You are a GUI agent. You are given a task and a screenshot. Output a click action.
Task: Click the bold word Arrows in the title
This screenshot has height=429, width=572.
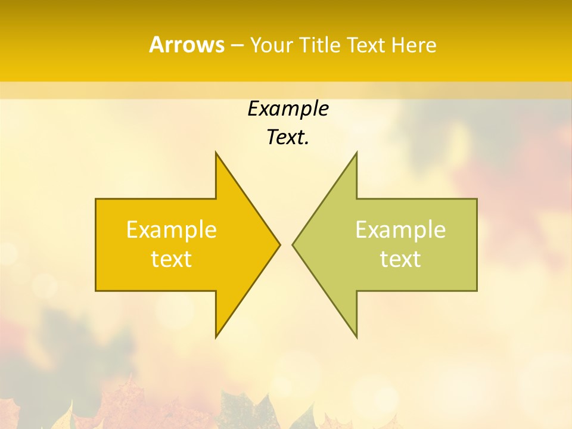(186, 45)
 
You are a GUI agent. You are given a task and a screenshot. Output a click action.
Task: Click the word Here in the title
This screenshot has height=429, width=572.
(414, 45)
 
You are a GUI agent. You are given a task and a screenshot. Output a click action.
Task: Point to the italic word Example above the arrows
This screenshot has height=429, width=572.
(288, 109)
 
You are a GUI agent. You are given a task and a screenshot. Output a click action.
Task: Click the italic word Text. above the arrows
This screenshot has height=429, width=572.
(288, 138)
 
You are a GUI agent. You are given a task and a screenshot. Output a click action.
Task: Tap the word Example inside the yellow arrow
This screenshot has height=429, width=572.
(172, 230)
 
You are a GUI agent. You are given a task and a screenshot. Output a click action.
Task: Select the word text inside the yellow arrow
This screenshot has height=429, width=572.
(172, 259)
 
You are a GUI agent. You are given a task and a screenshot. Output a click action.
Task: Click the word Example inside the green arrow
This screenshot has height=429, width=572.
(400, 230)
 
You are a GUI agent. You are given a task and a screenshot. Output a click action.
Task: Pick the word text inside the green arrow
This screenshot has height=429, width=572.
(400, 259)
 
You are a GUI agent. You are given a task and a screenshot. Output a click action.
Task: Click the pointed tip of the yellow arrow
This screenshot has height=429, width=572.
(279, 244)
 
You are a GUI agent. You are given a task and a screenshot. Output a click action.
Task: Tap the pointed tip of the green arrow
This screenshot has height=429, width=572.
(293, 244)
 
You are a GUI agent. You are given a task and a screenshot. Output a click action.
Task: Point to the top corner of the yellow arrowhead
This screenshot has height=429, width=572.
(216, 153)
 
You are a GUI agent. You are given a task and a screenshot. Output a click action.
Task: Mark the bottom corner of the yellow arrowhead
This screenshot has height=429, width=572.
(216, 336)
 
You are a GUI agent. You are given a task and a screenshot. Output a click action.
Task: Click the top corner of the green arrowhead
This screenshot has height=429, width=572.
(356, 153)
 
